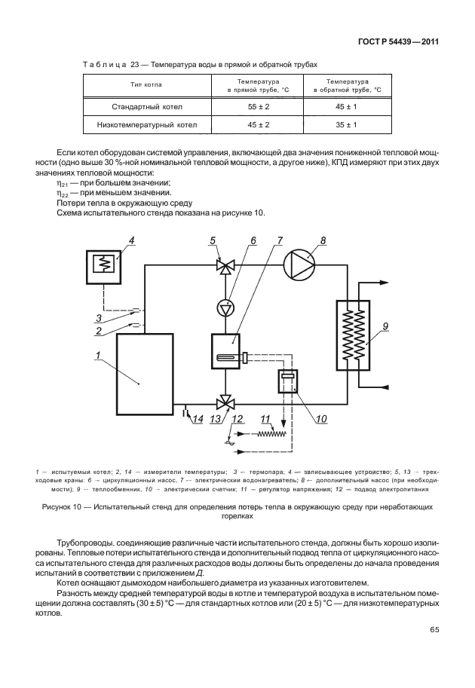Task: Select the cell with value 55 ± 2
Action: click(258, 107)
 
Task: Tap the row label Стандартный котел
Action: click(148, 107)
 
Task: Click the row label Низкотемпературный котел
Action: click(148, 126)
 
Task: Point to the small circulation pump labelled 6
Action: click(223, 307)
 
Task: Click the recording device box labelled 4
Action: click(101, 266)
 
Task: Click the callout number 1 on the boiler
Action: click(98, 354)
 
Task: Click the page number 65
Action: click(434, 629)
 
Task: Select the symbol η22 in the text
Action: click(63, 194)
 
